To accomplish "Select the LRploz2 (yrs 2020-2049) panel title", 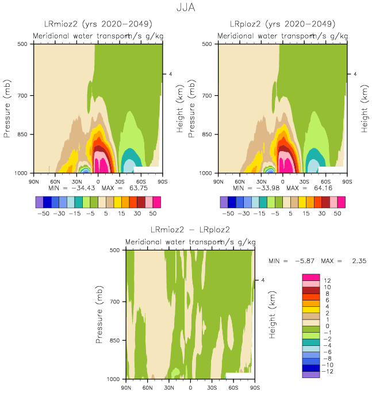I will (282, 24).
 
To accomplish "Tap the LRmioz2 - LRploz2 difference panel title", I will (190, 230).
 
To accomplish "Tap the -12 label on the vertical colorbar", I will (326, 371).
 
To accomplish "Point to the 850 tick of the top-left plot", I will (24, 134).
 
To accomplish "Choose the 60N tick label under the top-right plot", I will (240, 181).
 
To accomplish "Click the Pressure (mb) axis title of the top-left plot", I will (8, 109).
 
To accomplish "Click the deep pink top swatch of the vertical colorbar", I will (310, 278).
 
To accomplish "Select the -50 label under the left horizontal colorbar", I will (43, 213).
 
